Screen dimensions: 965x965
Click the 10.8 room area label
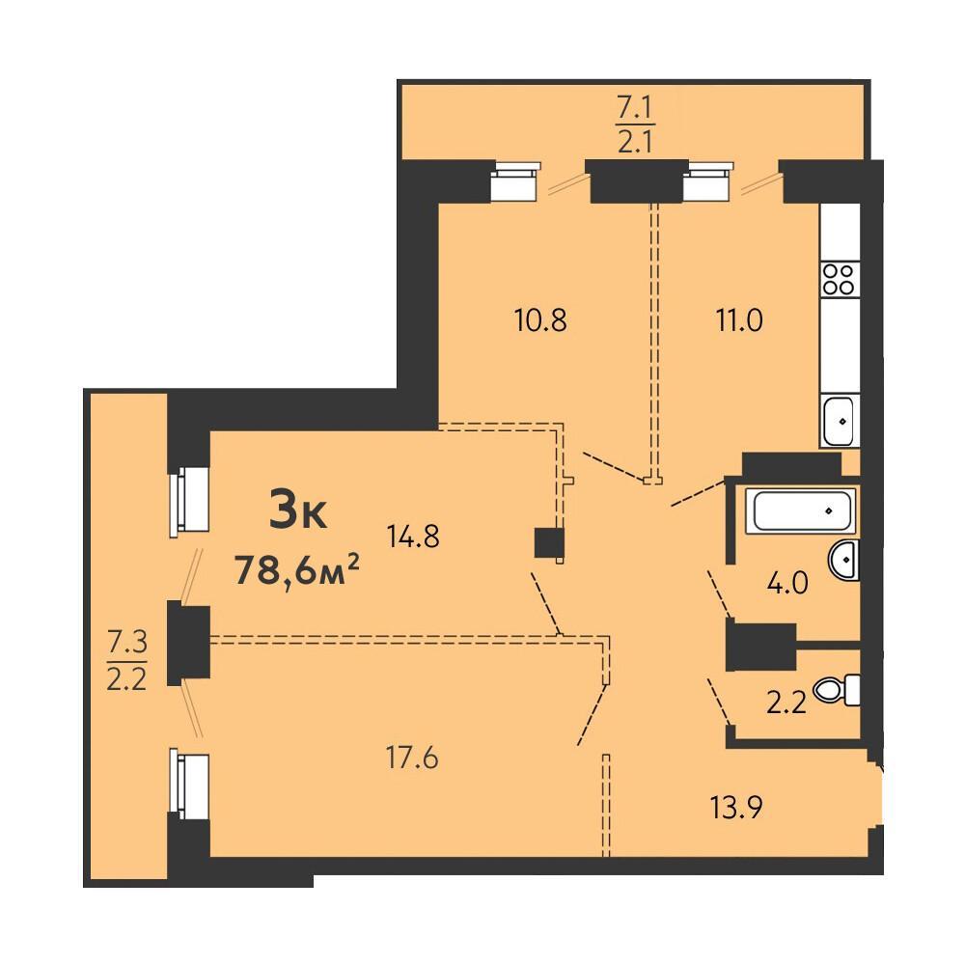click(x=540, y=320)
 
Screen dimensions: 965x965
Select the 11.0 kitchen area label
click(x=739, y=320)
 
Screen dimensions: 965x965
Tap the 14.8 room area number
click(x=413, y=537)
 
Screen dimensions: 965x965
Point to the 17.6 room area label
click(x=412, y=758)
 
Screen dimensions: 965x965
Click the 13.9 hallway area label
click(x=736, y=808)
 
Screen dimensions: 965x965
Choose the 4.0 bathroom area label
click(x=787, y=583)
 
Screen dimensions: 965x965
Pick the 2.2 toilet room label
click(x=786, y=703)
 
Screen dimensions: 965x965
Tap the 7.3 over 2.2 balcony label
click(x=126, y=662)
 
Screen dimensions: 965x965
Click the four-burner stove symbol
click(x=839, y=280)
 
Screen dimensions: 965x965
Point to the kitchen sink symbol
click(x=839, y=421)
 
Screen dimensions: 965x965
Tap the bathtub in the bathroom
click(x=800, y=510)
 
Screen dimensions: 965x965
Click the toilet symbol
click(x=837, y=691)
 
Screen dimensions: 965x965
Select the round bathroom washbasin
click(x=844, y=560)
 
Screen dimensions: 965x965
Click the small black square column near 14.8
click(x=549, y=542)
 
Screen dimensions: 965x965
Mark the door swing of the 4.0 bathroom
click(x=720, y=594)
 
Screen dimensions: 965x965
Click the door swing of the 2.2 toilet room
click(x=720, y=703)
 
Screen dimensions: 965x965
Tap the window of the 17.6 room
click(x=190, y=786)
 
